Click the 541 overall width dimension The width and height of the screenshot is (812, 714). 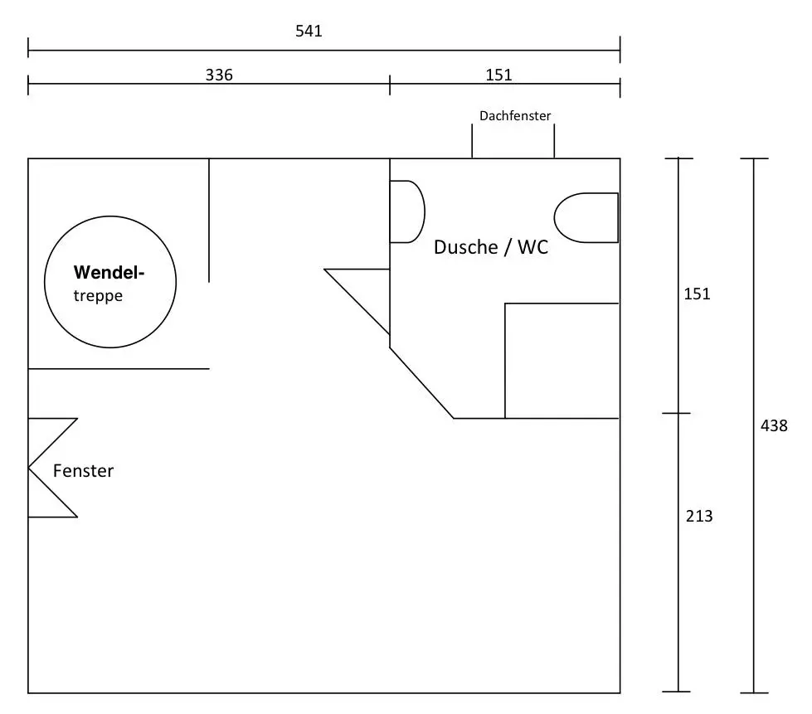[x=309, y=32]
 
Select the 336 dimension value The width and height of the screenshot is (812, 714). [x=219, y=75]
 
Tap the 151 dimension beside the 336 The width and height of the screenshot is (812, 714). [x=498, y=75]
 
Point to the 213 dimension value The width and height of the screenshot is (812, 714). [x=699, y=516]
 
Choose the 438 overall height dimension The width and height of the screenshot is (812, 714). [x=774, y=426]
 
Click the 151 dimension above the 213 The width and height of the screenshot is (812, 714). [x=697, y=294]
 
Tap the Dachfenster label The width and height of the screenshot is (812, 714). [x=515, y=116]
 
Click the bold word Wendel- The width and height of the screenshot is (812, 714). [x=109, y=272]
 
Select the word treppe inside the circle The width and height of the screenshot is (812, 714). [x=98, y=296]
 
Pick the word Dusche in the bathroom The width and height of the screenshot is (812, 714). [x=465, y=247]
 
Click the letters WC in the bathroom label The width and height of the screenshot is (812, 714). [x=532, y=247]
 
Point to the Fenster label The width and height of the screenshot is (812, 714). [x=83, y=471]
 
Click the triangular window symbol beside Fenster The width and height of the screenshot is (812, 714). [x=51, y=468]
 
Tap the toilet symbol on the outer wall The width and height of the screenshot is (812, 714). [x=586, y=218]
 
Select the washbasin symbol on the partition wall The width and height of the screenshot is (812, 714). [x=406, y=211]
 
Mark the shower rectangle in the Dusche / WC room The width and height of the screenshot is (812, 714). [x=562, y=361]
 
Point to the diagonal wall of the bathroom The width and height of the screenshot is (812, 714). [x=421, y=383]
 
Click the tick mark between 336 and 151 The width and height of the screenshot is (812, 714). [x=390, y=84]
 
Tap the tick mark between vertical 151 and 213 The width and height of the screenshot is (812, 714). [x=678, y=413]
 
